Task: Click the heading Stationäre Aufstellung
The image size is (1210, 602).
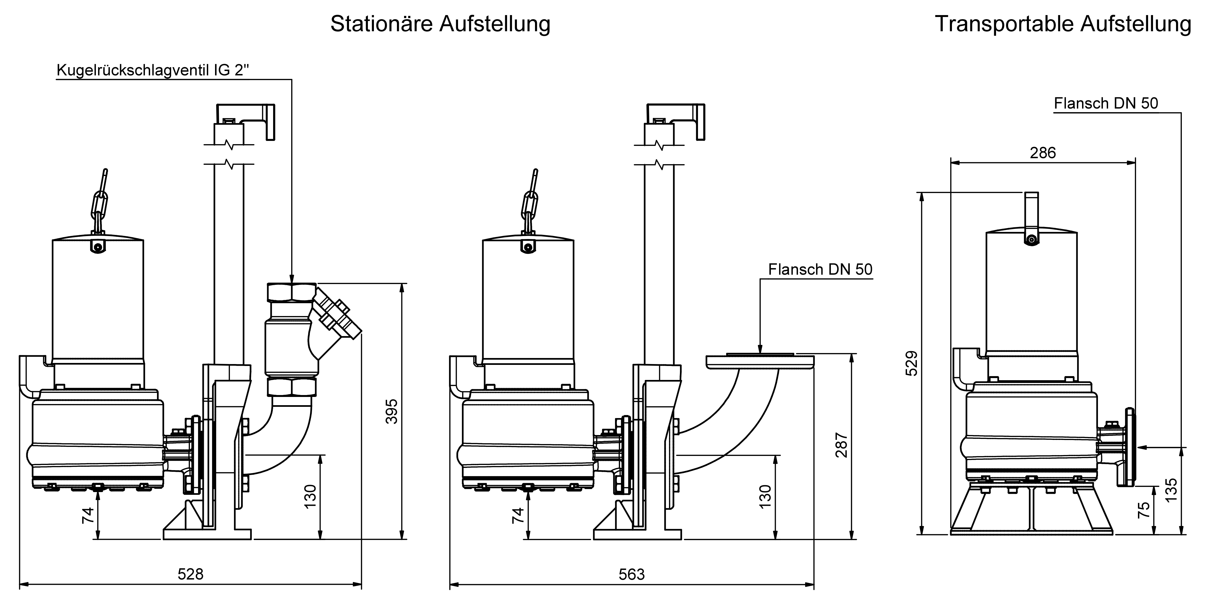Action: [440, 24]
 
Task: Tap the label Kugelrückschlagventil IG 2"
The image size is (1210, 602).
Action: [153, 70]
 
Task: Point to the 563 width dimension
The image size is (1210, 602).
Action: [632, 574]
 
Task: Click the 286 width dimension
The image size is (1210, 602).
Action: [1043, 153]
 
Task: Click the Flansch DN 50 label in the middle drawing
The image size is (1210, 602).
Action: [820, 269]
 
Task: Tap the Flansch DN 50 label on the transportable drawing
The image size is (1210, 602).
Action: [1106, 103]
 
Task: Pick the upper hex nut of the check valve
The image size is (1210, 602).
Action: [291, 292]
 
